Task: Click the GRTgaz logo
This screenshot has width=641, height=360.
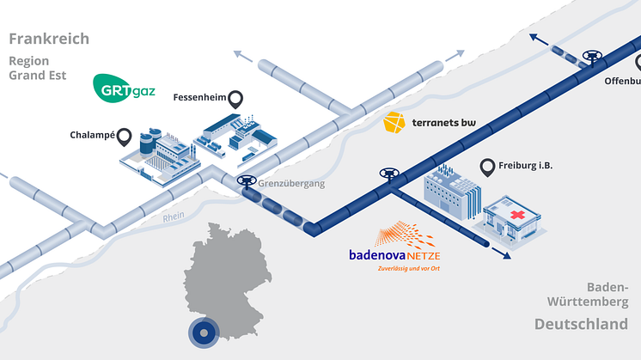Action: tap(124, 88)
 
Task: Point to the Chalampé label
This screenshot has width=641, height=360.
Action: tap(91, 135)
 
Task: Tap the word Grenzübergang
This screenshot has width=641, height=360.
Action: tap(296, 182)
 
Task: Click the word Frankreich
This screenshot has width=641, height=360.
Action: tap(49, 39)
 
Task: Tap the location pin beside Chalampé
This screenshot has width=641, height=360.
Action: tap(125, 136)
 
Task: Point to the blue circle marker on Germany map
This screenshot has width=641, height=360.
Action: tap(203, 331)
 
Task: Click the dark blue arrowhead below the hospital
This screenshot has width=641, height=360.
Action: tap(506, 255)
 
